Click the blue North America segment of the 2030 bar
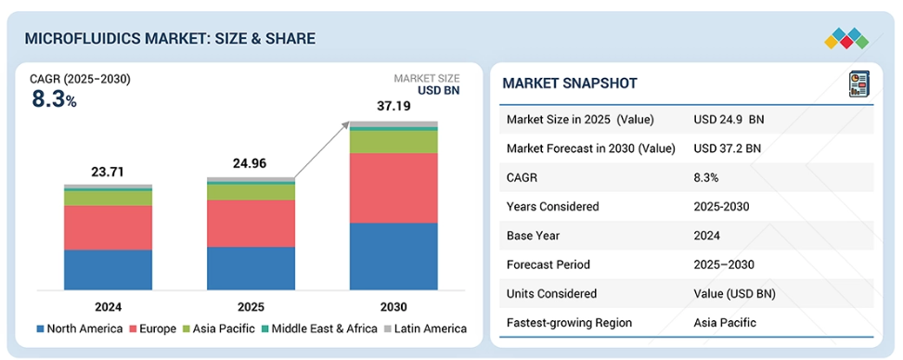point(393,256)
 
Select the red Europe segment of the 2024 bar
point(109,227)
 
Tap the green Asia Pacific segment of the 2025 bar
point(252,192)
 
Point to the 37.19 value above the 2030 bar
point(393,106)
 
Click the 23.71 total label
point(108,172)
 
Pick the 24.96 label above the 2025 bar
point(251,163)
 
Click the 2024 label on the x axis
point(108,306)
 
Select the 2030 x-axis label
point(393,306)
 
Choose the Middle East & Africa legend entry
point(319,328)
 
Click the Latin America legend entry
point(425,328)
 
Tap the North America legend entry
point(80,328)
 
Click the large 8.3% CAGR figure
point(54,99)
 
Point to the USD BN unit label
point(438,90)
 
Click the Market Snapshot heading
point(570,83)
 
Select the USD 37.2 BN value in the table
point(728,148)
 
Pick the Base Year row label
point(533,236)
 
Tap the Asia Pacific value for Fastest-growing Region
point(725,323)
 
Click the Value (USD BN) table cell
point(735,294)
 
